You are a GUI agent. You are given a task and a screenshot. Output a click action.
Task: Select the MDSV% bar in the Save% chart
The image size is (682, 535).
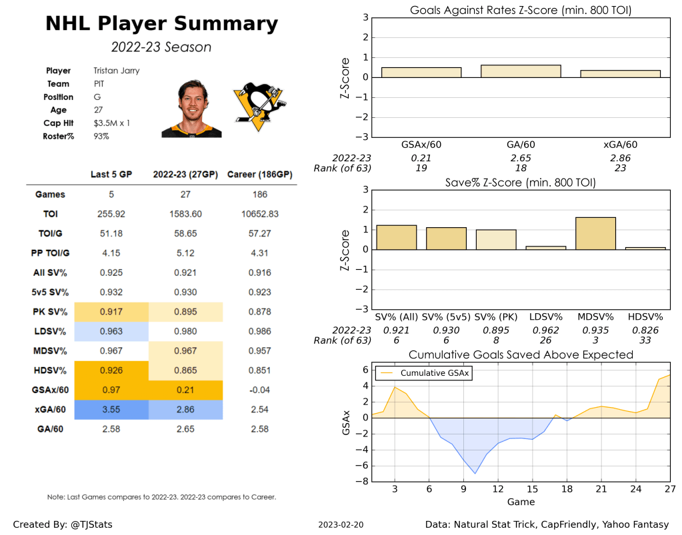[595, 233]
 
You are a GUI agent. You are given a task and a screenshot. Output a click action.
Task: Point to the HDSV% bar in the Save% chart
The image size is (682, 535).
[645, 248]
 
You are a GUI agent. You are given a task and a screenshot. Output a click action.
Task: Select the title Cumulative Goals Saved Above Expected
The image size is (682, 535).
[521, 355]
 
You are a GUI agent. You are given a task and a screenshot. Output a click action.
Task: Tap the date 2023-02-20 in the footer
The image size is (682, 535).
[341, 525]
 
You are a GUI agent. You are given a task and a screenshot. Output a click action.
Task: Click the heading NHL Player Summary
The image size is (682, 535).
[161, 24]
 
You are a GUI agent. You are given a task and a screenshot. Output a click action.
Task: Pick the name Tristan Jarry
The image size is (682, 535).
[117, 71]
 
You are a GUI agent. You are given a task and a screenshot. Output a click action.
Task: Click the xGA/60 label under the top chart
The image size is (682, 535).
[620, 144]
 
